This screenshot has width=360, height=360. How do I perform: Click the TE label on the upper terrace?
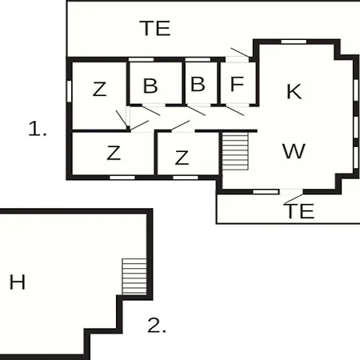155,28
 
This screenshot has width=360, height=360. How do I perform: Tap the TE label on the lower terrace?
300,211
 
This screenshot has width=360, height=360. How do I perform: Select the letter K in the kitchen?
294,91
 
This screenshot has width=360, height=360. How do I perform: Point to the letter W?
294,151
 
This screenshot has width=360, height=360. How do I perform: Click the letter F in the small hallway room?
237,84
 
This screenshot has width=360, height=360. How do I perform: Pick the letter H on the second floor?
18,282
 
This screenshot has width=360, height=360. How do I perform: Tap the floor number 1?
38,129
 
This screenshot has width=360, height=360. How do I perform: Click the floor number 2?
157,326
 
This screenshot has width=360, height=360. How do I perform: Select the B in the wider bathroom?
150,86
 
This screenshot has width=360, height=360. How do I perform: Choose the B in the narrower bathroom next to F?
198,84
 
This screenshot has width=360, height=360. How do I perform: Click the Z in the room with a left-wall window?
99,89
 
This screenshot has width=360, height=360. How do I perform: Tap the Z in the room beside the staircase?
182,158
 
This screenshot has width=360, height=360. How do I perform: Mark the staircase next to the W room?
235,151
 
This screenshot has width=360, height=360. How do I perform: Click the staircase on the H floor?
134,276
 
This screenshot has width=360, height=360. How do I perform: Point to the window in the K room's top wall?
294,42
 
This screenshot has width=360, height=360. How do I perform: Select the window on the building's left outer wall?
69,91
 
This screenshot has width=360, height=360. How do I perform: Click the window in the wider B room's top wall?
141,59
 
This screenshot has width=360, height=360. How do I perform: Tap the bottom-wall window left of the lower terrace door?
266,192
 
